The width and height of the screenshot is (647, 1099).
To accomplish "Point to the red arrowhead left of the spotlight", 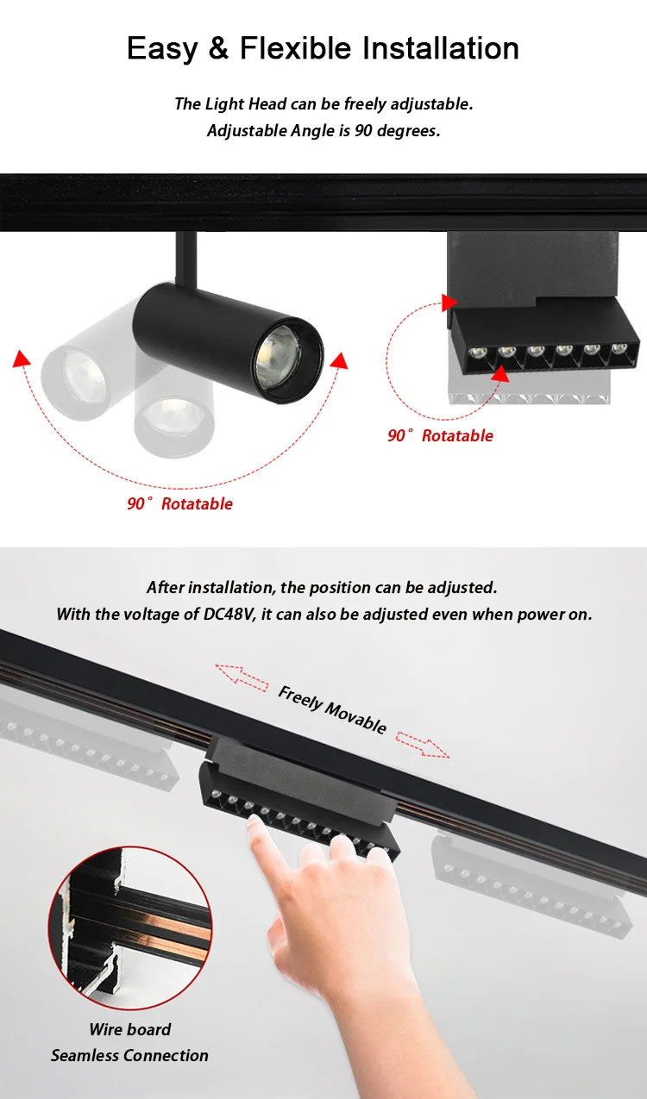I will coord(22,359).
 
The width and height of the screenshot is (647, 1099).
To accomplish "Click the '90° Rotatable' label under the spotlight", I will coord(179,504).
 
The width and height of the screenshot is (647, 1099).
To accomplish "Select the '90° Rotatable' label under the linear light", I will coord(440,436).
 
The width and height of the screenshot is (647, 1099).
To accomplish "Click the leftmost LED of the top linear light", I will coord(476,352).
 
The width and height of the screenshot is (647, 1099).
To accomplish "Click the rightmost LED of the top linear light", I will coord(619,349).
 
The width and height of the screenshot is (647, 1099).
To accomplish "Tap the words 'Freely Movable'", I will coord(332,709).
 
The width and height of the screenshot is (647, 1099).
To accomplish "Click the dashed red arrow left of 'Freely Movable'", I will coord(242,676).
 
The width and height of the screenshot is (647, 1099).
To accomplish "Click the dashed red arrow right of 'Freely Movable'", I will coord(423,744).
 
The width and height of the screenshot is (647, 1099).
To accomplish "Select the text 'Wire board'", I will coord(129,1029).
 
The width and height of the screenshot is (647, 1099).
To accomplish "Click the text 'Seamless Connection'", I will coord(129,1055).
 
